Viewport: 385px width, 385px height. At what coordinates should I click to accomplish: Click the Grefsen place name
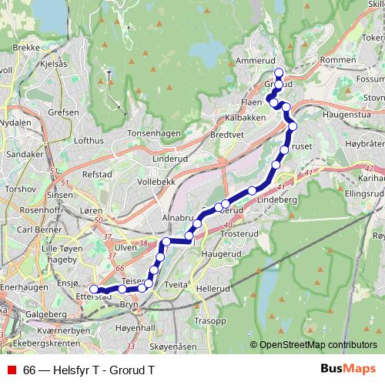[x=62, y=112]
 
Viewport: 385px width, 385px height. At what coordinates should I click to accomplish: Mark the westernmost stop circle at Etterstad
[x=94, y=290]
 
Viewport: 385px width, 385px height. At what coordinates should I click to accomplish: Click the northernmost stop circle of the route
[x=279, y=73]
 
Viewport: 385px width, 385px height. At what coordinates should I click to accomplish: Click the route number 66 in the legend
[x=29, y=370]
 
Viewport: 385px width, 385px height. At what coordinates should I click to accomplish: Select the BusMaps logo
[x=343, y=369]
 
